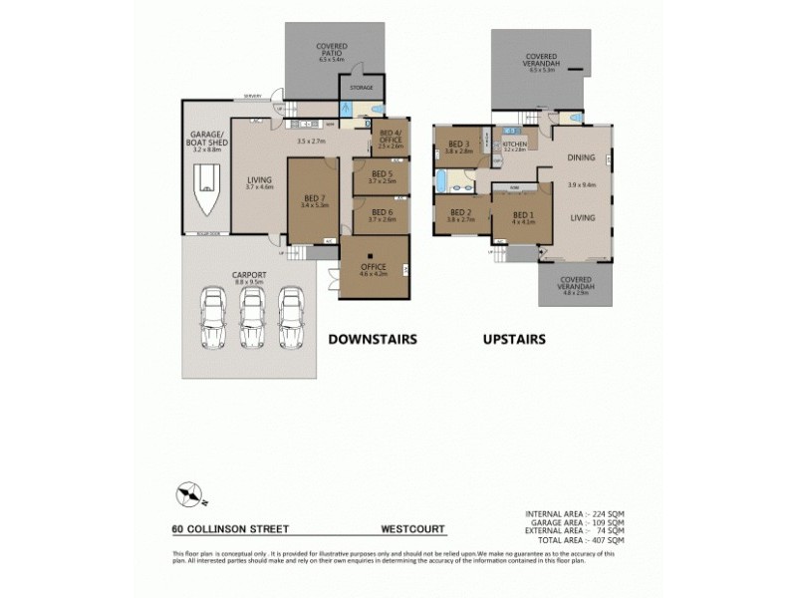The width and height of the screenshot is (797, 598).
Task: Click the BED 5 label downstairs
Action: tap(382, 176)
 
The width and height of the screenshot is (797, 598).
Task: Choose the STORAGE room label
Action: tap(362, 88)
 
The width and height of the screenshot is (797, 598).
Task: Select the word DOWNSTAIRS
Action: tap(373, 339)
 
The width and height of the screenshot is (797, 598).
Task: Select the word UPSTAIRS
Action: tap(513, 339)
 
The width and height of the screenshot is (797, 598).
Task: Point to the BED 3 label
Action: tap(460, 143)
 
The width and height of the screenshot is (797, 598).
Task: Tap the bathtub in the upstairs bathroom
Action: tap(443, 181)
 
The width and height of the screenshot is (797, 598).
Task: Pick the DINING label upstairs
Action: tap(582, 157)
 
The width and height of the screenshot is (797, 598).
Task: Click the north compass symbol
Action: tap(189, 493)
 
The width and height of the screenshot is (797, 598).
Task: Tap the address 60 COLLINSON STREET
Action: tap(224, 529)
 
